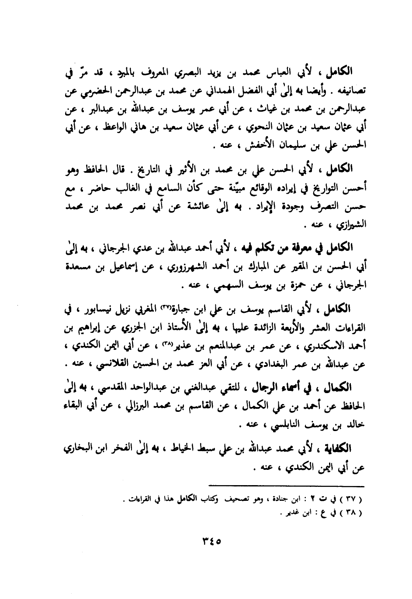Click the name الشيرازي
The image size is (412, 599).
click(x=344, y=226)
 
